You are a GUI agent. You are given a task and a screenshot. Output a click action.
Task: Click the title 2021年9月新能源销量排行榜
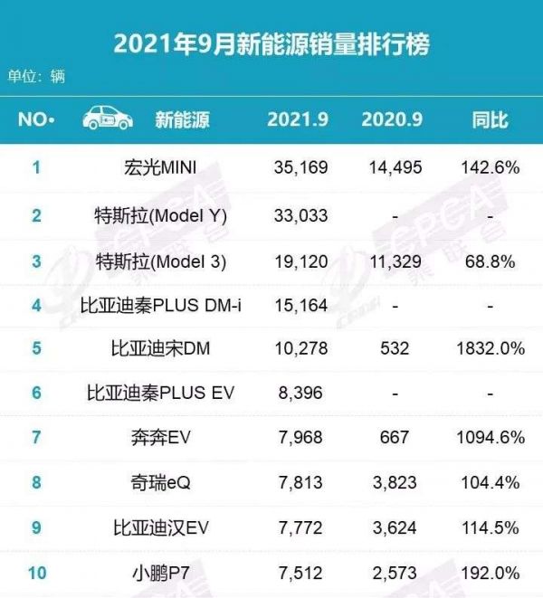[271, 43]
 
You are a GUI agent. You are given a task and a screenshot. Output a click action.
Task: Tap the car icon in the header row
[108, 119]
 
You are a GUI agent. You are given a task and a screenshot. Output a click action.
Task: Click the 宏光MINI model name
[160, 167]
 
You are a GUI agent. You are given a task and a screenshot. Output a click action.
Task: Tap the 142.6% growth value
[489, 167]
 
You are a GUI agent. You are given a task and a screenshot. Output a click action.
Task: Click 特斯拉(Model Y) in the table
[161, 215]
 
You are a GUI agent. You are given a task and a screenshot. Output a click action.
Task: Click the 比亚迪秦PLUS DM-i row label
[161, 305]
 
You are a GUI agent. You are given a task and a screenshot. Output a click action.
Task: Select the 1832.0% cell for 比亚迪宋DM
[489, 348]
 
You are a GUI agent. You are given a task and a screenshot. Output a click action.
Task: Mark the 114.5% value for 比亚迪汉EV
[489, 527]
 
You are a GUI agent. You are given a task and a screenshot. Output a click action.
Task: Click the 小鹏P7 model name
[161, 573]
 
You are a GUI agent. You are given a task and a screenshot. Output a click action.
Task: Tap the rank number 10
[36, 573]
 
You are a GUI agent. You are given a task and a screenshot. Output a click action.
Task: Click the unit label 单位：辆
[37, 77]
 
